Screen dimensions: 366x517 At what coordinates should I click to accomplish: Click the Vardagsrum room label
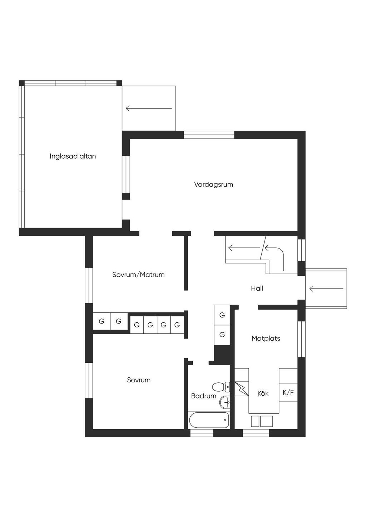tap(213, 185)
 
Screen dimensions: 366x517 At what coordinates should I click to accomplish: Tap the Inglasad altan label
tap(73, 156)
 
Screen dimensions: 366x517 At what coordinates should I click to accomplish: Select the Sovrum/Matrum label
tap(138, 275)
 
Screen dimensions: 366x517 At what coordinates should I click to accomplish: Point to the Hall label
tap(257, 288)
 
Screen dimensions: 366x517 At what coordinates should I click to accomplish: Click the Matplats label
tap(266, 338)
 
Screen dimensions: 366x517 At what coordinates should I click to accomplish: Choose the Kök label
tap(263, 393)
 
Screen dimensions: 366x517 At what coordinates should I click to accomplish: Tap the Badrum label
tap(204, 396)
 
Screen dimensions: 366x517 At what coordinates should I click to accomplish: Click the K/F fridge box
tap(288, 392)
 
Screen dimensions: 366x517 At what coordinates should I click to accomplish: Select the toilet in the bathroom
tap(221, 387)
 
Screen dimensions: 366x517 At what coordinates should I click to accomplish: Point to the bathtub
tap(209, 420)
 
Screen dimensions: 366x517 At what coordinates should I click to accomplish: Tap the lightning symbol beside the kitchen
tap(242, 389)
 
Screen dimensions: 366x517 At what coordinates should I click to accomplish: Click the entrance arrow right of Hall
tap(326, 288)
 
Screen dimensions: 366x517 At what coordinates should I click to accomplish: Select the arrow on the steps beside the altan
tap(149, 108)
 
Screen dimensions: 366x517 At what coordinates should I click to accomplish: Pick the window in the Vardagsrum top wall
tap(209, 135)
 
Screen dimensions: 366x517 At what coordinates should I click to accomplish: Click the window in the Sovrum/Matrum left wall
tap(89, 285)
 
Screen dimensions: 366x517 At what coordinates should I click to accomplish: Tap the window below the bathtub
tap(202, 433)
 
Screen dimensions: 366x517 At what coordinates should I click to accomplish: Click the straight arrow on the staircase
tap(244, 248)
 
